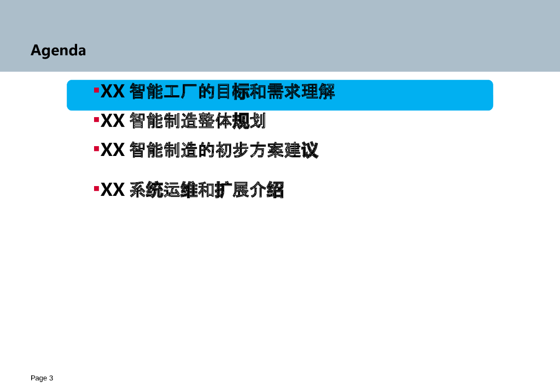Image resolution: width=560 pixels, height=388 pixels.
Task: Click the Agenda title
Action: pos(58,50)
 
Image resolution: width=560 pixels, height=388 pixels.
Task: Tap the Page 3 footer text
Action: pos(42,378)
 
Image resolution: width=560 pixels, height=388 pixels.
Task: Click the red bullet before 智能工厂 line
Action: pos(96,89)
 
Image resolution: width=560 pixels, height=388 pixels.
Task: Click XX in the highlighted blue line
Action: pos(113,92)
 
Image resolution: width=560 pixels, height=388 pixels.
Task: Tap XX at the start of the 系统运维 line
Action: pos(113,190)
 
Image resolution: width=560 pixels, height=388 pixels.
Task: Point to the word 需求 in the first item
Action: pos(283,92)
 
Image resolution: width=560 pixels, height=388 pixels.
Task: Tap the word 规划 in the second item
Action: pos(249,121)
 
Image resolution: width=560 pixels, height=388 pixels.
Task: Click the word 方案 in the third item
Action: pos(266,150)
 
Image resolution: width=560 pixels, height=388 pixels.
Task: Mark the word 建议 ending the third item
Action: pos(301,150)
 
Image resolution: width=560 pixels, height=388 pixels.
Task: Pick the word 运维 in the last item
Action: pos(180,190)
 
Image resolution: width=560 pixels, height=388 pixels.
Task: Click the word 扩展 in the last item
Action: pos(232,190)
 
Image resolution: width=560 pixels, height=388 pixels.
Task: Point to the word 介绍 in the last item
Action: pos(266,190)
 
